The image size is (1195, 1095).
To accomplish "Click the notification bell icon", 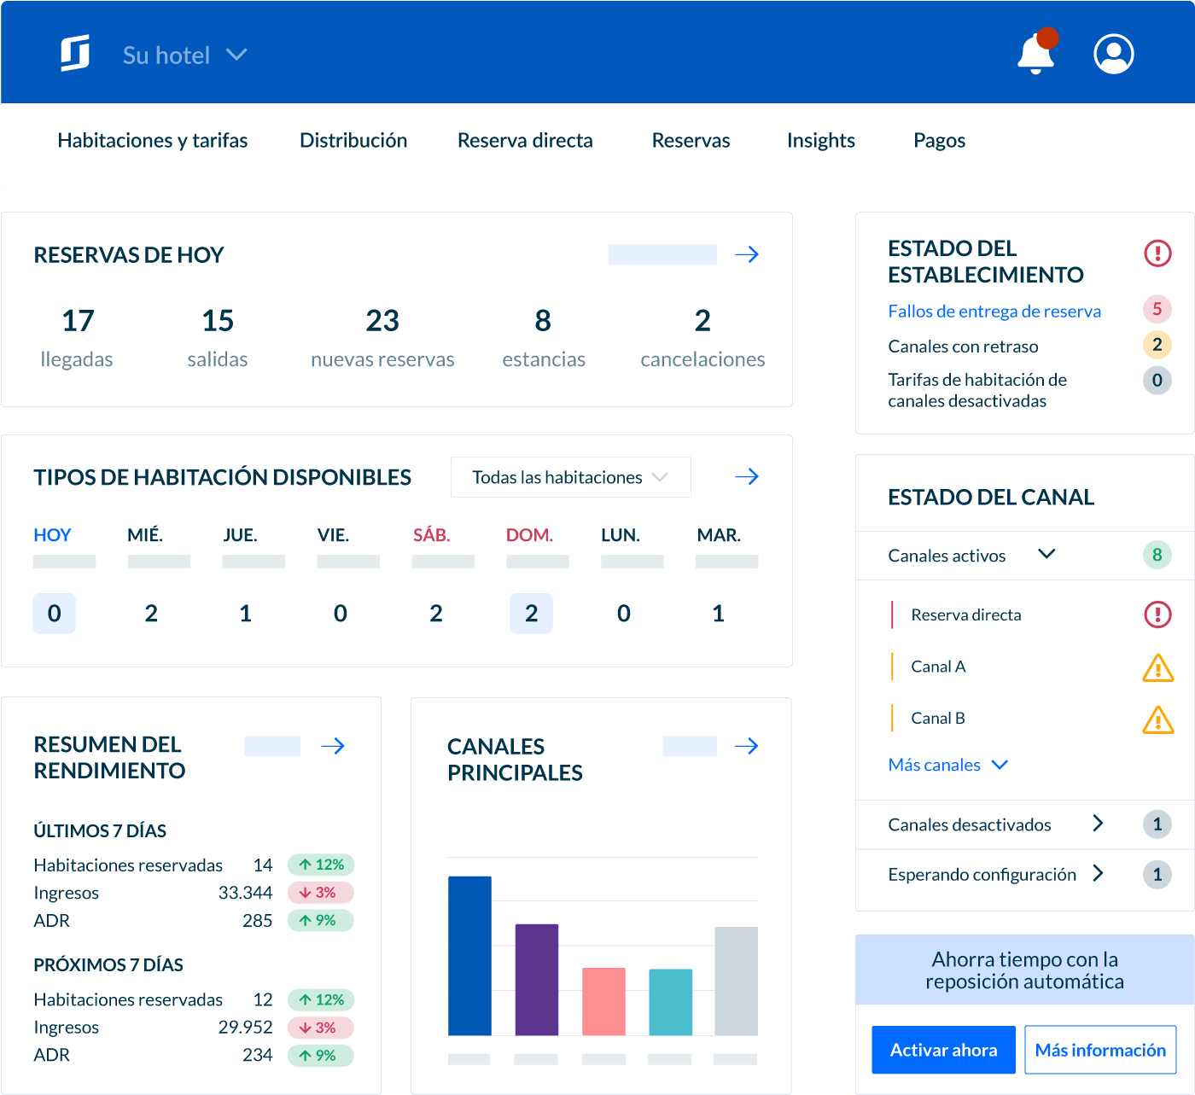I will (1035, 55).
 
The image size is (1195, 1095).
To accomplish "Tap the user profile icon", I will (1114, 54).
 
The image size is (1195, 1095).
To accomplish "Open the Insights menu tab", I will (820, 140).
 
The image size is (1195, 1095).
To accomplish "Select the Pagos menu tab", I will (939, 140).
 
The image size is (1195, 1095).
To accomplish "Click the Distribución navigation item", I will (353, 140).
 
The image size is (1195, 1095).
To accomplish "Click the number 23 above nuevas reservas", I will (382, 321).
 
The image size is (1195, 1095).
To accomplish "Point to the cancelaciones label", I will (702, 359).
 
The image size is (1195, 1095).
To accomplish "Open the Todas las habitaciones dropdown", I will (570, 477).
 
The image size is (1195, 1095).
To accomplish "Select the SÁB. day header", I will (432, 535).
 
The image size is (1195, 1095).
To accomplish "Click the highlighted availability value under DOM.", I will (531, 613).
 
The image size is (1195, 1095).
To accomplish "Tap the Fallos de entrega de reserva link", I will (994, 311).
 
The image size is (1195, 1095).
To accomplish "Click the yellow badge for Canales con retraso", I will (1157, 345).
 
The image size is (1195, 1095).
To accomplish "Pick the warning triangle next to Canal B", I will (1157, 719).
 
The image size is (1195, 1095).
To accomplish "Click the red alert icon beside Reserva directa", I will (1157, 614).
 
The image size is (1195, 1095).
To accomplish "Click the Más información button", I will (1100, 1050).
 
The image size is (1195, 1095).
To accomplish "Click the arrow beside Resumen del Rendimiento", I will (333, 746).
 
